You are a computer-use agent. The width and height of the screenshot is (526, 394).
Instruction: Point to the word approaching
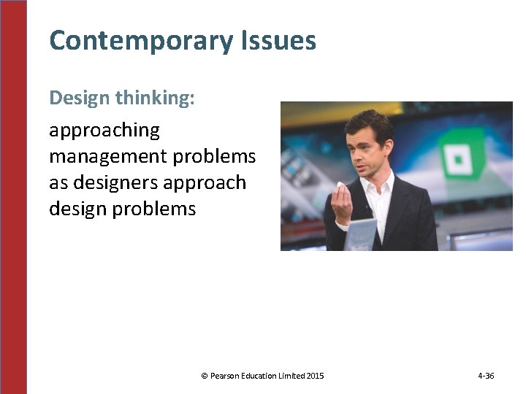pyautogui.click(x=104, y=131)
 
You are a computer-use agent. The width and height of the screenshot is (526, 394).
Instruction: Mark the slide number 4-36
pyautogui.click(x=486, y=376)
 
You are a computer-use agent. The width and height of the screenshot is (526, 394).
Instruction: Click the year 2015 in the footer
pyautogui.click(x=315, y=376)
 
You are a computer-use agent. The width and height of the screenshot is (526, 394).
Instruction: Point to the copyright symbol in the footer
pyautogui.click(x=204, y=376)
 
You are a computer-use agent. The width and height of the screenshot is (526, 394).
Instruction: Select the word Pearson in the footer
pyautogui.click(x=226, y=376)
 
